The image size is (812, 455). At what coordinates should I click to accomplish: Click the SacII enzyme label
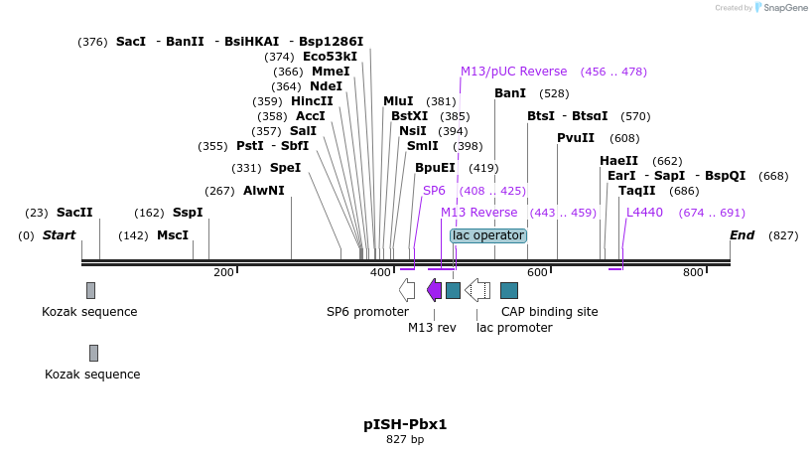73,213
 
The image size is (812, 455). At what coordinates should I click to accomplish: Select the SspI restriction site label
188,213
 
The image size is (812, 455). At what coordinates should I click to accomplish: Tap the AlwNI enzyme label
263,191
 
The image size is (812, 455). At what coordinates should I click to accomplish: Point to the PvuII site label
576,138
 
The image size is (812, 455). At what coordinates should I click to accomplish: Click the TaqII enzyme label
636,191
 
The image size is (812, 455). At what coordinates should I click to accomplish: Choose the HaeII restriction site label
618,161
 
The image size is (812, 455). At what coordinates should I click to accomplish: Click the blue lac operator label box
487,235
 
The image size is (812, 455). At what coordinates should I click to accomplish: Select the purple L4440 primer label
644,213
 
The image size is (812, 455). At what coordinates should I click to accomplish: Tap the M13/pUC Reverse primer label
513,72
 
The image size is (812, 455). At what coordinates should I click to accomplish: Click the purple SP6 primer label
434,191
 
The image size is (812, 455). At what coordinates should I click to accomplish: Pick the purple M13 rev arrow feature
434,289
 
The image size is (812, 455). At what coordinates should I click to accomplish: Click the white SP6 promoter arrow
407,289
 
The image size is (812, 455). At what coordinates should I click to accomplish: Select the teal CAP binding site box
509,289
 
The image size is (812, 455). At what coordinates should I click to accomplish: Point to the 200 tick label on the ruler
223,272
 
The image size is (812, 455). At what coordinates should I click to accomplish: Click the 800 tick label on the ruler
693,272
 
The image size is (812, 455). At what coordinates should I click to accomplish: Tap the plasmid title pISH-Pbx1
405,424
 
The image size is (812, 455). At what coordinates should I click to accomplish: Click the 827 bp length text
405,439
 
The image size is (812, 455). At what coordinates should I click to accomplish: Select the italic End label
742,235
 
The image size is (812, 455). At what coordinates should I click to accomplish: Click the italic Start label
59,235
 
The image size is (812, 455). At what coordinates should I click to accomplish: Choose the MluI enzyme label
398,101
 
